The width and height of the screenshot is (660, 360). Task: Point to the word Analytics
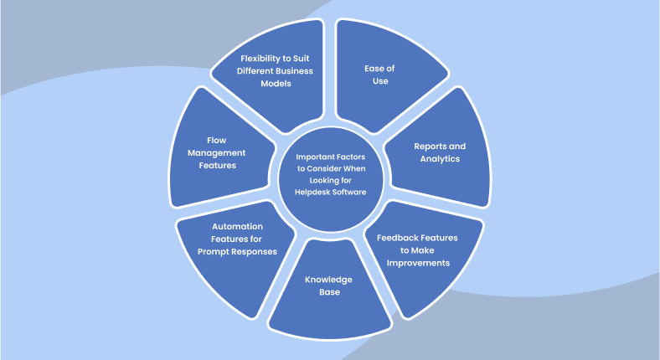[x=439, y=158]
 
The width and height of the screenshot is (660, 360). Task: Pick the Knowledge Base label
[x=327, y=285]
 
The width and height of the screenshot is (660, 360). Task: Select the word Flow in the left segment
[x=216, y=141]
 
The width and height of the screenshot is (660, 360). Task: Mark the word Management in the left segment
[x=216, y=153]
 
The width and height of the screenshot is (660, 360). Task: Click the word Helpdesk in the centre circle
[x=312, y=192]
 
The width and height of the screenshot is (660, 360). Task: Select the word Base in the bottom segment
[x=327, y=291]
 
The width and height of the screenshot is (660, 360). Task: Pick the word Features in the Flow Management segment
[x=216, y=165]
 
